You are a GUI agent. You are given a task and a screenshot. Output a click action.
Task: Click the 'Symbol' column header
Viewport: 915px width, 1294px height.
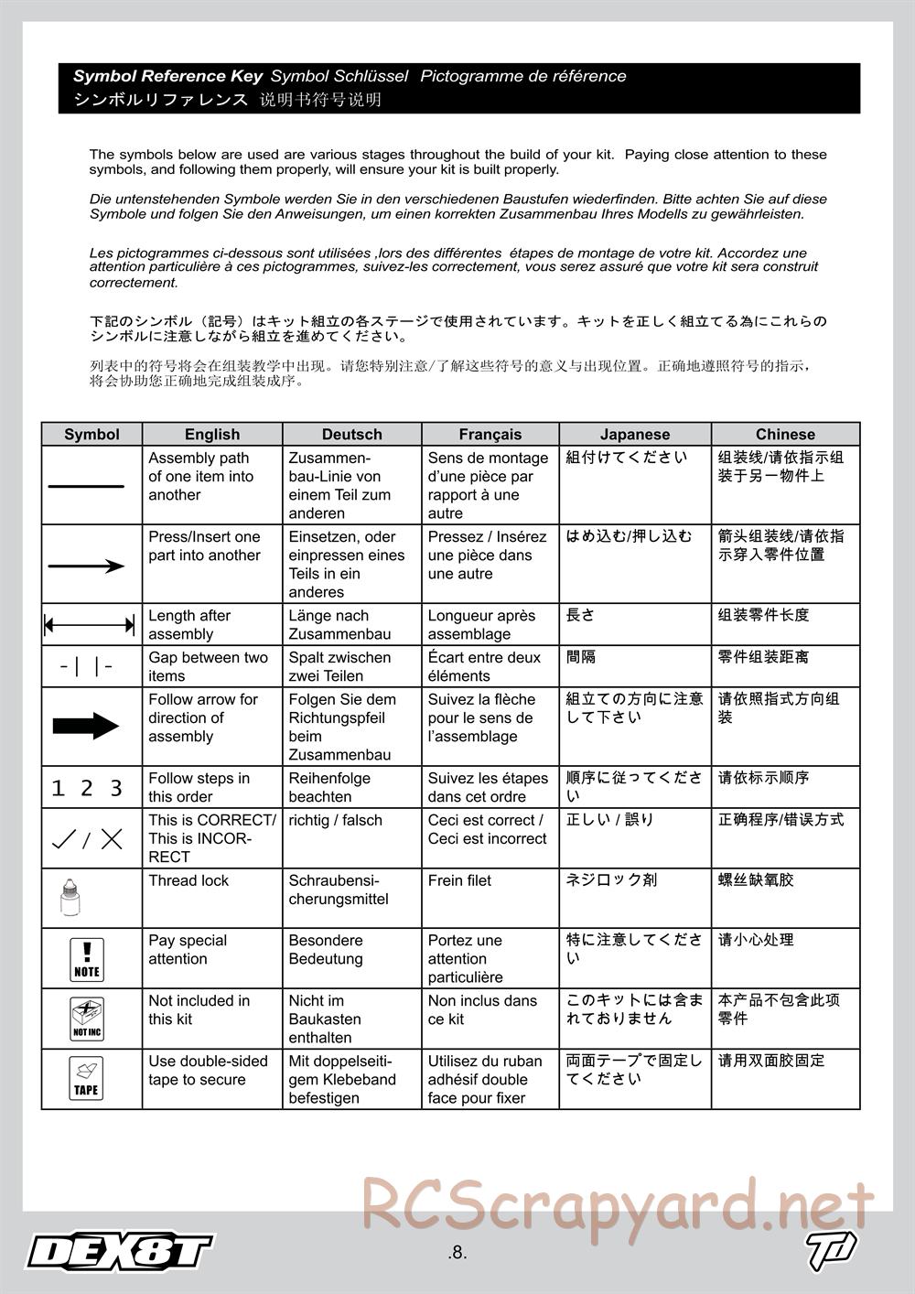(91, 434)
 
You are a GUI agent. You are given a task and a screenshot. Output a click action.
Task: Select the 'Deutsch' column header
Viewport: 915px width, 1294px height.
(351, 434)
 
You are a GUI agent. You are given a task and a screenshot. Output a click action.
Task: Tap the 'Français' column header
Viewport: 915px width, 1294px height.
(490, 434)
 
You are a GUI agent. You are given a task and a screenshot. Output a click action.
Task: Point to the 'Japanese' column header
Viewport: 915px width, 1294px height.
(635, 434)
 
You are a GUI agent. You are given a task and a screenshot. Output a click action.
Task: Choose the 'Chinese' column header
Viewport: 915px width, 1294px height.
(785, 434)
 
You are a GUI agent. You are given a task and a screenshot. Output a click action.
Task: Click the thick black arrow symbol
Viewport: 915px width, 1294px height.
(86, 727)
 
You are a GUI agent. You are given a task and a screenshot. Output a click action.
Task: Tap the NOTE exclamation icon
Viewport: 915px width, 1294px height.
(87, 958)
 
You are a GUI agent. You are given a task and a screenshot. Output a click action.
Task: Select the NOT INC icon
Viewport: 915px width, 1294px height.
(87, 1018)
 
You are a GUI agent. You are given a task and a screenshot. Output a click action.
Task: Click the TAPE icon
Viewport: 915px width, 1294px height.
(86, 1078)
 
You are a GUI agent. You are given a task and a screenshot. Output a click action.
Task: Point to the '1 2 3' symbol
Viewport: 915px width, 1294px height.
(87, 788)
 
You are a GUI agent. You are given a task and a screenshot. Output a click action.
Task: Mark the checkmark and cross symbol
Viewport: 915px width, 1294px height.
(88, 838)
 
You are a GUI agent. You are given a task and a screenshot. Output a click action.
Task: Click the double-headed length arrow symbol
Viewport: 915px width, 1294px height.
(90, 626)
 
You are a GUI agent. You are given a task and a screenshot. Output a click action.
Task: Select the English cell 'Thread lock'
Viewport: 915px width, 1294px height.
(188, 880)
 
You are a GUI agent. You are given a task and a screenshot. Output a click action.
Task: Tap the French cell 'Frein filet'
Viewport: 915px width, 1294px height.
(459, 880)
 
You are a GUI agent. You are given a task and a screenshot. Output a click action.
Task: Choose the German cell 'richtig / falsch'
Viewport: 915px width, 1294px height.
(336, 820)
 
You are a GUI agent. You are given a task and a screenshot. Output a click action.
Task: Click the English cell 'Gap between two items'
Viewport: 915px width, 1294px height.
(208, 666)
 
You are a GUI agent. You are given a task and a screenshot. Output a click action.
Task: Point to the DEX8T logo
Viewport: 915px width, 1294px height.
(119, 1251)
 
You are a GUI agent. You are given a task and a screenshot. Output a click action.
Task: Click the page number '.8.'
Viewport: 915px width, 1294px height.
(457, 1253)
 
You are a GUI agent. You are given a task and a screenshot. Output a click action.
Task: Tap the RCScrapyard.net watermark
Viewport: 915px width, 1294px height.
(618, 1204)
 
